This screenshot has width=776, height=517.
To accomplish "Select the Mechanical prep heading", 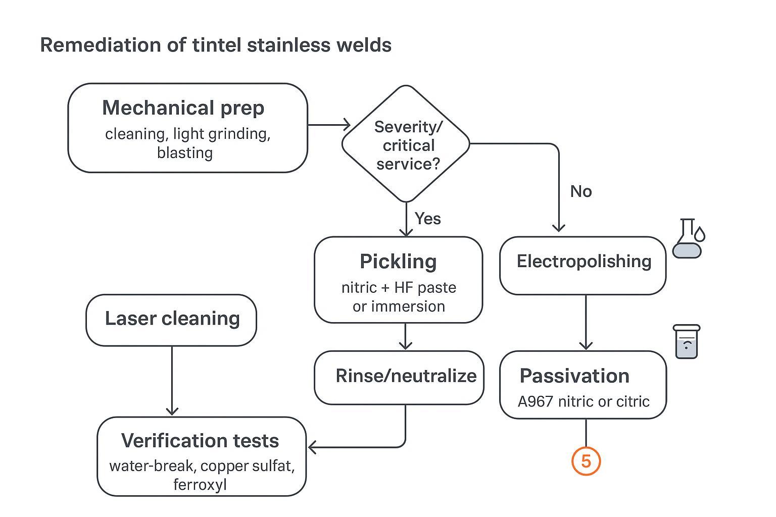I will [x=183, y=108].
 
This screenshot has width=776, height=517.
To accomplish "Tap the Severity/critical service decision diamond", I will [x=406, y=144].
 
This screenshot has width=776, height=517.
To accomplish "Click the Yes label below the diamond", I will [x=427, y=219].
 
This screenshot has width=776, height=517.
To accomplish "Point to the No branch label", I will [x=580, y=191].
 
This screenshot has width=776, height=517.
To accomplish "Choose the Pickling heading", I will [x=398, y=262].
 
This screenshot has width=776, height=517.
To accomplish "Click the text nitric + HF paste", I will [x=399, y=288].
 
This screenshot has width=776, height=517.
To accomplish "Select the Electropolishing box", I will [x=583, y=265].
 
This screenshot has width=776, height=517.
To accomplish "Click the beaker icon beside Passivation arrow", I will [x=687, y=342].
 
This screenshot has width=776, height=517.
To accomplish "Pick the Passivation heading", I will [x=574, y=376].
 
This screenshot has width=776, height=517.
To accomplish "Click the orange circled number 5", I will [x=586, y=461].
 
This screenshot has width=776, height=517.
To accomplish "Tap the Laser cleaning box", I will [x=171, y=320].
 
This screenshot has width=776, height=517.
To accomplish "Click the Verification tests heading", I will [x=200, y=441].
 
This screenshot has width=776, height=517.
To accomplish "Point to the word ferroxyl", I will [x=200, y=485].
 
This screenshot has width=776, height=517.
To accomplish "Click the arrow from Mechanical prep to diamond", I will [x=328, y=125].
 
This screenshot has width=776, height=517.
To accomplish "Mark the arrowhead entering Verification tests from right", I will [x=312, y=447].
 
